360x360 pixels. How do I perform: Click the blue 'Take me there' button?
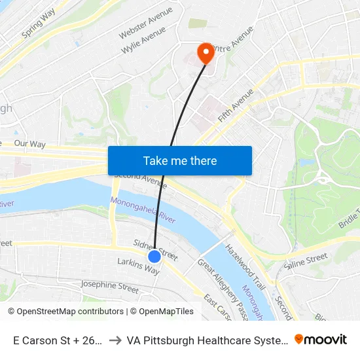click(180, 160)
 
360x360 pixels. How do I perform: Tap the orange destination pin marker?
click(206, 53)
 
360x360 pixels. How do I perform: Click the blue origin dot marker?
click(154, 257)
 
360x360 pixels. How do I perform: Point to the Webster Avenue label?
click(146, 22)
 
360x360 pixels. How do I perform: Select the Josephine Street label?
click(109, 286)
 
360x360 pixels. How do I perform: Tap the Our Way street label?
click(29, 143)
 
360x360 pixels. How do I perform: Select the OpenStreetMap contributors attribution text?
click(65, 312)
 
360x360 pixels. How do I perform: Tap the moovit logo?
click(321, 339)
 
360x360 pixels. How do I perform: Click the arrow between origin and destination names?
click(115, 340)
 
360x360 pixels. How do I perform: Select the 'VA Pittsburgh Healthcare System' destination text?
click(207, 340)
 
